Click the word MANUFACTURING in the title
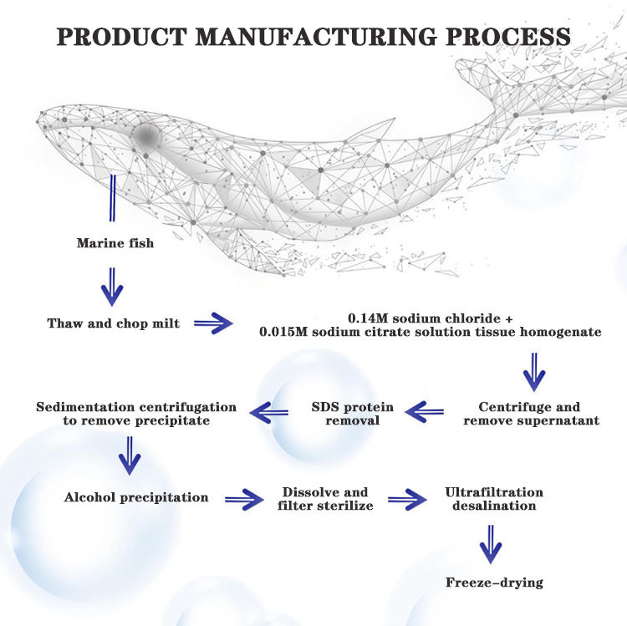coord(316,37)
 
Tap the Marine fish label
coord(115,243)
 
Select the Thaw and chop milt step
coord(114,323)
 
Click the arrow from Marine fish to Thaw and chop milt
coord(112,287)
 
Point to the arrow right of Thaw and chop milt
coord(213,323)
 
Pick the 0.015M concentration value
coord(283,332)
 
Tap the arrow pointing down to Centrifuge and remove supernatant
coord(534,372)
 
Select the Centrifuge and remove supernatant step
coord(532,414)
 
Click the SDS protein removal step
coord(353,414)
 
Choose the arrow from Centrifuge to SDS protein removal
coord(424,412)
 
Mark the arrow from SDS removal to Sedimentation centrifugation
coord(268,413)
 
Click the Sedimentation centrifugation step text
coord(136,414)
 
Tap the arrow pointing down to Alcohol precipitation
coord(130,456)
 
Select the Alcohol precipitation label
coord(136,497)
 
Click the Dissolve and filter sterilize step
coord(325,499)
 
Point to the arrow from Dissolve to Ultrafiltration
coord(407,499)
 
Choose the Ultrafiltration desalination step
coord(494,499)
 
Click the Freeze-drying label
coord(495,583)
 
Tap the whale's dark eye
coord(147,136)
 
